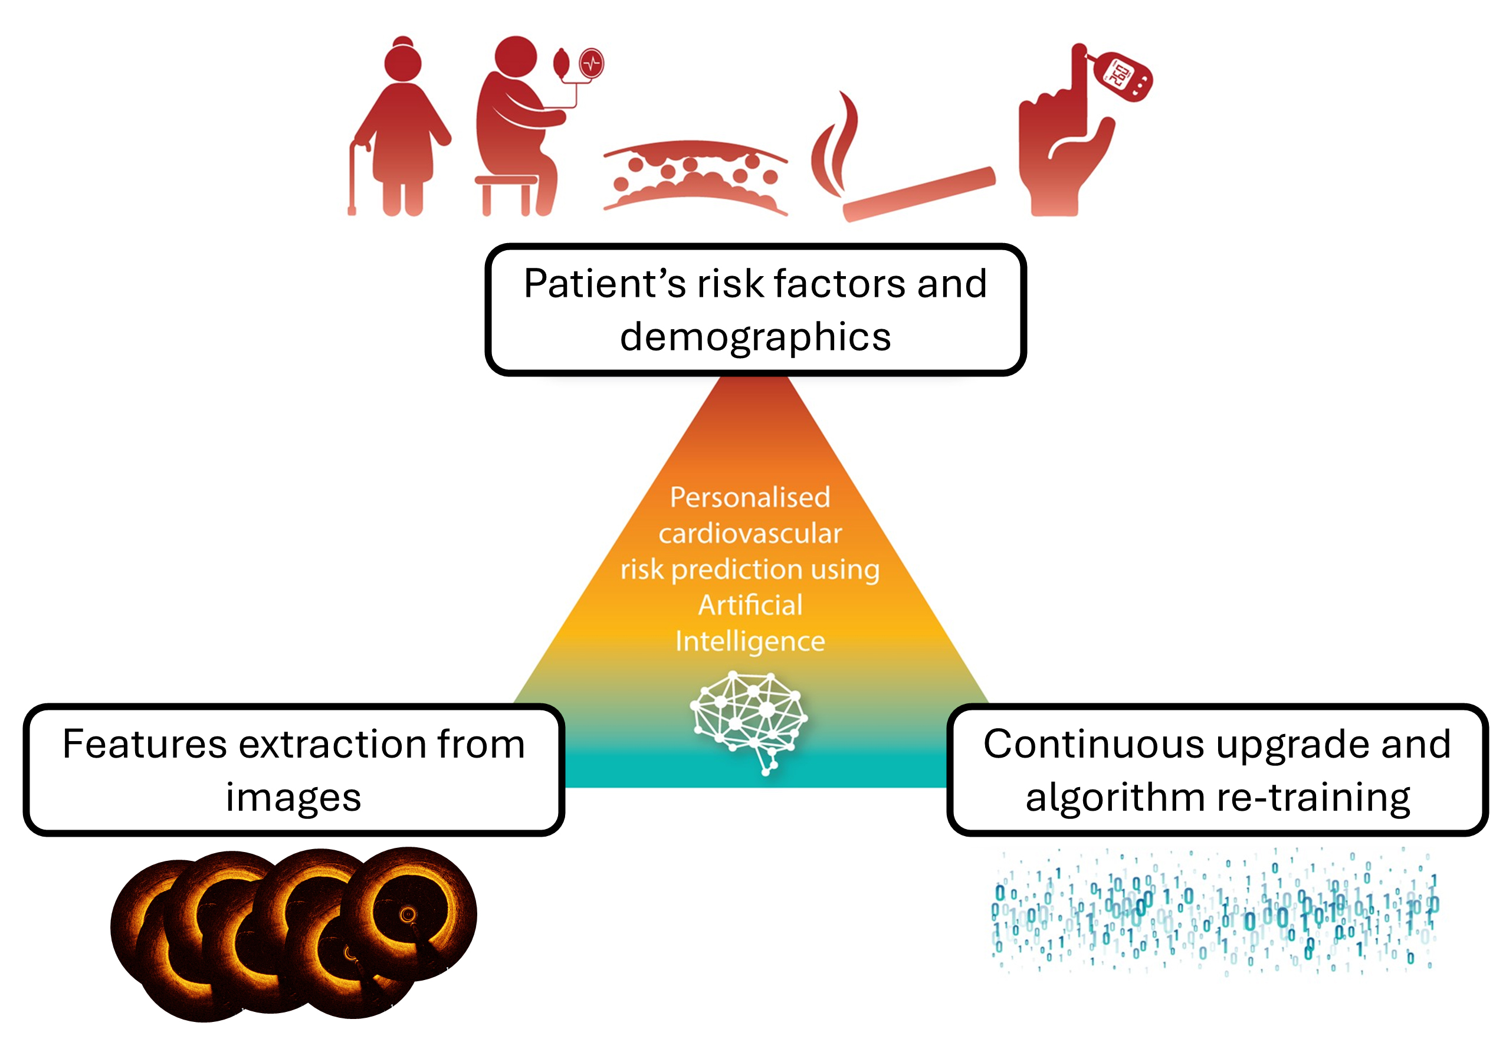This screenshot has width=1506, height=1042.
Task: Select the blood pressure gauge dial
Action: (x=592, y=64)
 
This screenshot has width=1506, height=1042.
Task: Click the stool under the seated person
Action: (x=506, y=192)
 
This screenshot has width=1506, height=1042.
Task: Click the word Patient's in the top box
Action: (x=604, y=284)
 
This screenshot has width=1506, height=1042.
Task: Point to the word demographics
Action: (x=755, y=337)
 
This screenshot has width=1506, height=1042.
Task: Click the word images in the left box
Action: (x=293, y=798)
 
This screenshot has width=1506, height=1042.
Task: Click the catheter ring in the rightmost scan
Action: (x=408, y=915)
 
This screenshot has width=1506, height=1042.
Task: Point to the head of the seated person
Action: (x=515, y=56)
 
